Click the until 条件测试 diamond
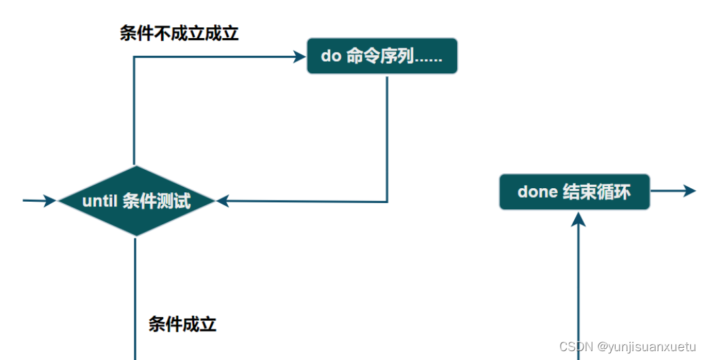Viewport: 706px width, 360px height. (137, 201)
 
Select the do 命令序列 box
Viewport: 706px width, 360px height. (382, 56)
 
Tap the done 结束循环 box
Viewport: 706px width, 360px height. (574, 192)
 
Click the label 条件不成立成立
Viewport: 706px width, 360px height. (179, 33)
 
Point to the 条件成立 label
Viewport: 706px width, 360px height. (182, 324)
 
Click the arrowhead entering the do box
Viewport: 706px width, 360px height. (300, 57)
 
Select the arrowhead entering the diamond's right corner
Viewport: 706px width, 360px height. (222, 201)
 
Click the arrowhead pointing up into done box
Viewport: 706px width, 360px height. (579, 219)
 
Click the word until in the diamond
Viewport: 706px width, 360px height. (100, 202)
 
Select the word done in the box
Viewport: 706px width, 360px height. (537, 192)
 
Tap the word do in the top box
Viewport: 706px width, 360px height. (330, 56)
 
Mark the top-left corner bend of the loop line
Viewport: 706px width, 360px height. (134, 57)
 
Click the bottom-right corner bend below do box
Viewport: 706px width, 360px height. (387, 202)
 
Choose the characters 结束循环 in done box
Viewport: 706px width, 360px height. (597, 192)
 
